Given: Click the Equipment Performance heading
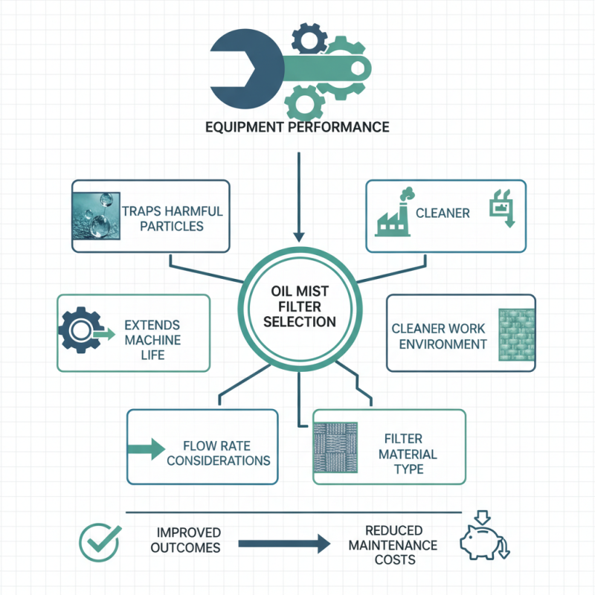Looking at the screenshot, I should click(297, 127).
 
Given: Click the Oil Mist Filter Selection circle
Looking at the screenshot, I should click(300, 306).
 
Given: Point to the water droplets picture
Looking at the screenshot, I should click(94, 216).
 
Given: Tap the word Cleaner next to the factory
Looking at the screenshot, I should click(443, 213).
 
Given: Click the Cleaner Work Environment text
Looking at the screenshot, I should click(440, 336).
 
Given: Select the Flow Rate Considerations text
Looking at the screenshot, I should click(218, 453).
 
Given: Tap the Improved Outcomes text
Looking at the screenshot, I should click(188, 540).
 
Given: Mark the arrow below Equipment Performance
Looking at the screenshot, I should click(298, 197).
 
